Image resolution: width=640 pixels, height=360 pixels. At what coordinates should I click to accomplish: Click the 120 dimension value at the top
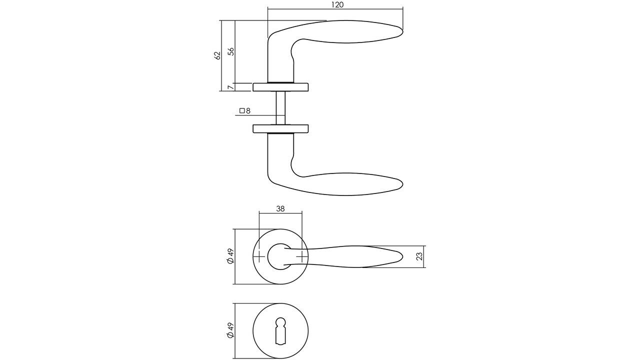click(337, 4)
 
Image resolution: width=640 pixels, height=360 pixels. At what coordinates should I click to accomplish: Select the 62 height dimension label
click(217, 55)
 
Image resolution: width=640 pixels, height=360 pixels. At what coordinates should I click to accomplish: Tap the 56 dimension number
click(230, 51)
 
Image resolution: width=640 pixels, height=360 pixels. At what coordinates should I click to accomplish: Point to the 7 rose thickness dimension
click(230, 87)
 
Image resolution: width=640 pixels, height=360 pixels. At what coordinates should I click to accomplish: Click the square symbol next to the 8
click(241, 111)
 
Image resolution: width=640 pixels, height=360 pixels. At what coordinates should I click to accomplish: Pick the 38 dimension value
click(280, 209)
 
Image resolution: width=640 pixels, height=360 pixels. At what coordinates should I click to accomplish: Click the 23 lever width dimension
click(419, 256)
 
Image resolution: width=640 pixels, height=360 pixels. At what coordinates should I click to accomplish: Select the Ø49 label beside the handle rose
click(230, 257)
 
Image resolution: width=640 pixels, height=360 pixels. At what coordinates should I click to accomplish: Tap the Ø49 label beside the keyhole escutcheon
click(230, 330)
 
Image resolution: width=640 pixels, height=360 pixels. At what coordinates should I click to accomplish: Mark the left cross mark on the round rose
click(259, 257)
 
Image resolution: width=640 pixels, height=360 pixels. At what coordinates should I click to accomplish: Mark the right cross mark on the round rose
click(301, 257)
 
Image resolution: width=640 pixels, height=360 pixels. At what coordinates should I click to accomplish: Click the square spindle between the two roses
click(280, 107)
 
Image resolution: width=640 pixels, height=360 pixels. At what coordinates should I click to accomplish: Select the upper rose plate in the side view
click(280, 87)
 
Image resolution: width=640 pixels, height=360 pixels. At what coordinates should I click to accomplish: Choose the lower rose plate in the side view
click(280, 128)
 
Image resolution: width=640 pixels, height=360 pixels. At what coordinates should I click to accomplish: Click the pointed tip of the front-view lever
click(401, 257)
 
